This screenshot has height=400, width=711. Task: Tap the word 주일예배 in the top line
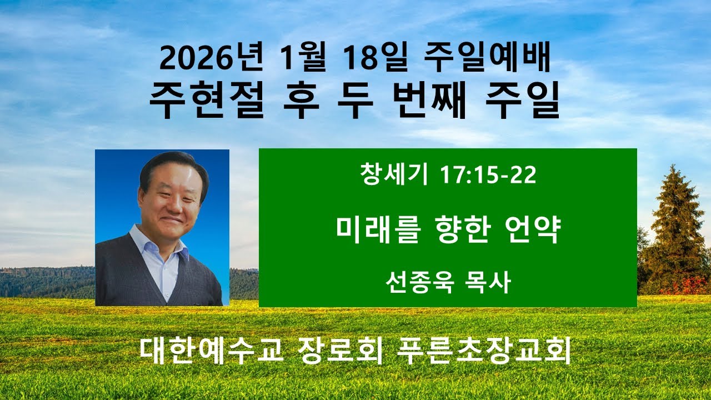pos(487,60)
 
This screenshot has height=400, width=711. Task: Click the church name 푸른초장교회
pos(477,352)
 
